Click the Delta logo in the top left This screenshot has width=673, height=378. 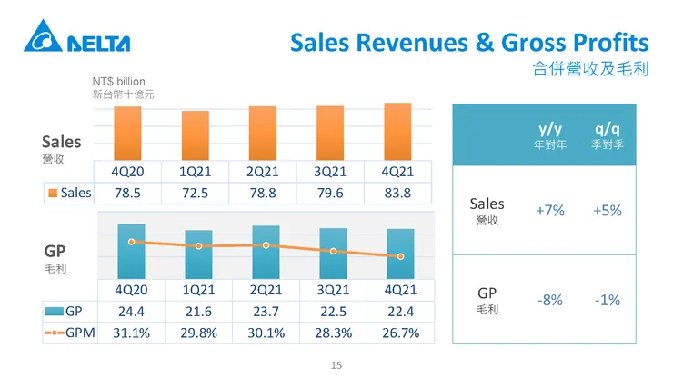pyautogui.click(x=78, y=42)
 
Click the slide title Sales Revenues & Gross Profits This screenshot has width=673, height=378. pyautogui.click(x=469, y=43)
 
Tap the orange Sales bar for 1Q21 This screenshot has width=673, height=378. pyautogui.click(x=196, y=136)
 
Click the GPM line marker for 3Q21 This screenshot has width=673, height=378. pyautogui.click(x=334, y=251)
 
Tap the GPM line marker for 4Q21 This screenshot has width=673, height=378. pyautogui.click(x=400, y=256)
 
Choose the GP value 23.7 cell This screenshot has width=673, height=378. pyautogui.click(x=266, y=312)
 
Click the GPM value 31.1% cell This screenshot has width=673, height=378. pyautogui.click(x=132, y=333)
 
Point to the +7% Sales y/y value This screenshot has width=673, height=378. pyautogui.click(x=550, y=210)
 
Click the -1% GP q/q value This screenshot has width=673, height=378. pyautogui.click(x=607, y=300)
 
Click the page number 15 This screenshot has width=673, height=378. pyautogui.click(x=336, y=365)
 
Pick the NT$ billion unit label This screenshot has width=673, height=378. pyautogui.click(x=118, y=82)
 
